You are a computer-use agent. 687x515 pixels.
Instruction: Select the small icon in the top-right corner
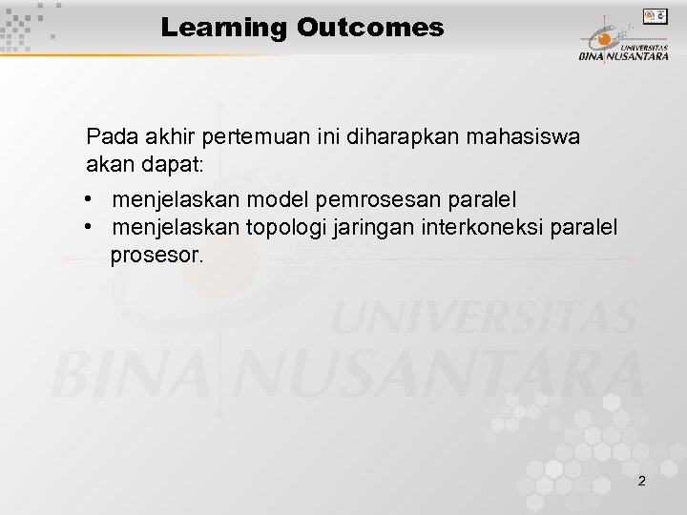[656, 15]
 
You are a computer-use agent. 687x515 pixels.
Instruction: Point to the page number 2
[641, 482]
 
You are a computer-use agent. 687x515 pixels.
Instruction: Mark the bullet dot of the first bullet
[87, 200]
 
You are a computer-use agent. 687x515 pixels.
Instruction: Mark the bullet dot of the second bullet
[87, 228]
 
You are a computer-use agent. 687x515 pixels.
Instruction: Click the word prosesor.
[156, 256]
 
